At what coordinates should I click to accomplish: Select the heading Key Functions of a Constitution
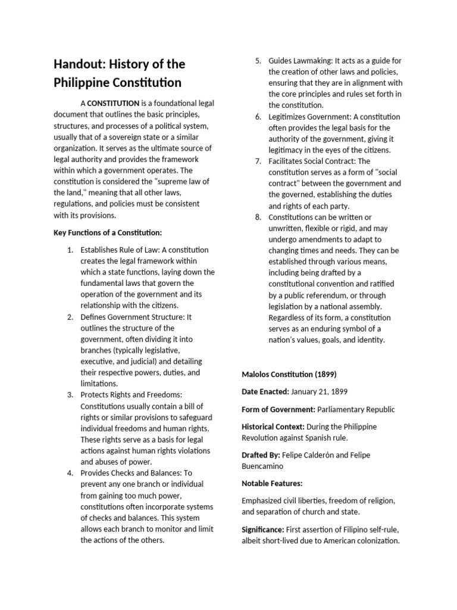click(x=108, y=232)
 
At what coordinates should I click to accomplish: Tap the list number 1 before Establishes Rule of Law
click(x=70, y=250)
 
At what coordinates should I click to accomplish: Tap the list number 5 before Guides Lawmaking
click(x=258, y=61)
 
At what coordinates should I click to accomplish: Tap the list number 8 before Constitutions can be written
click(x=258, y=217)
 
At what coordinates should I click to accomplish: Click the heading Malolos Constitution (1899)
click(x=289, y=374)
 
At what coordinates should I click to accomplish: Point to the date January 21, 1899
click(x=320, y=391)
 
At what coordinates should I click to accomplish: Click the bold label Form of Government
click(x=278, y=409)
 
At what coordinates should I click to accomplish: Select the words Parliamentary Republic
click(x=355, y=409)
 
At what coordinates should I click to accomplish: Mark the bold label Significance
click(x=262, y=529)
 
